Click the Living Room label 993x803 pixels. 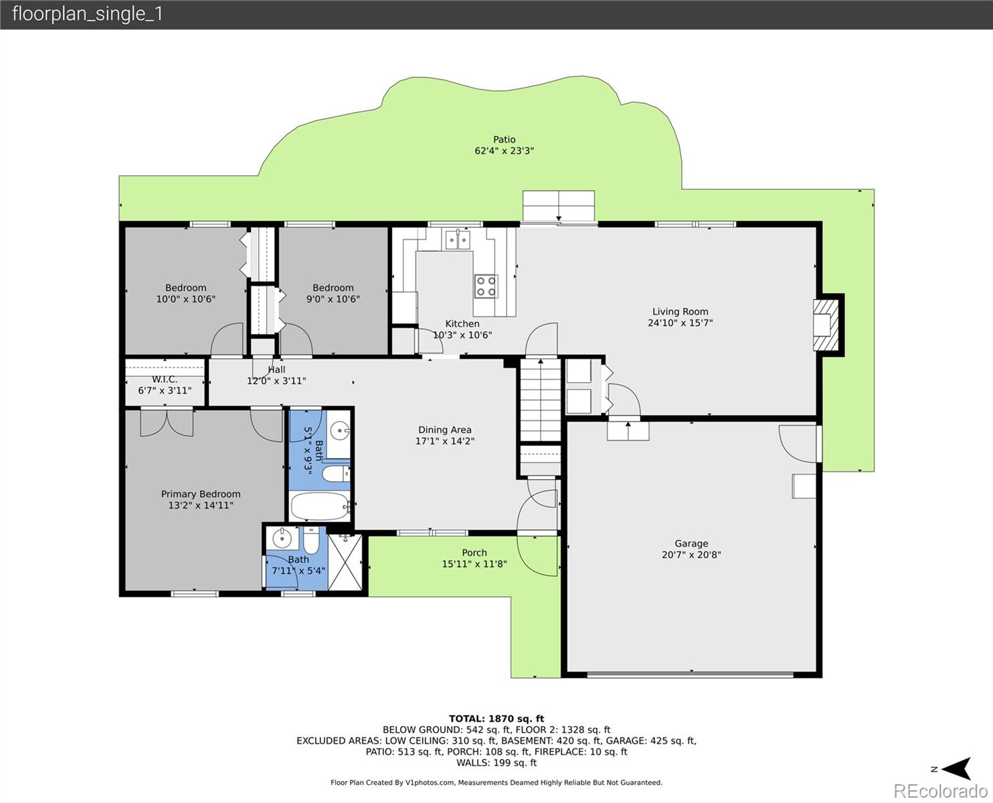(x=680, y=311)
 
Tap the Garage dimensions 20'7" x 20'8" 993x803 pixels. (x=691, y=555)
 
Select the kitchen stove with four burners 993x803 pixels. (x=486, y=286)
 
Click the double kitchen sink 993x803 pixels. (x=458, y=239)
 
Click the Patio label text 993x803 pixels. (x=505, y=139)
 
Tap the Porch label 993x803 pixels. (x=474, y=553)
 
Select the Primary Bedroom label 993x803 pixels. (x=201, y=494)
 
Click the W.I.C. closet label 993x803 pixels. (x=165, y=379)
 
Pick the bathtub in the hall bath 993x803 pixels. (x=320, y=507)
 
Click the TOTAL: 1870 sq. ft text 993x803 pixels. (x=496, y=719)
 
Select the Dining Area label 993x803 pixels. (x=445, y=430)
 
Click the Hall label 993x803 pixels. (x=276, y=369)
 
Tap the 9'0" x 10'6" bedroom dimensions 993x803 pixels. (x=333, y=299)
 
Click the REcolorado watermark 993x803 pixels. (x=942, y=791)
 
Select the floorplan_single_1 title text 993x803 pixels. (x=87, y=14)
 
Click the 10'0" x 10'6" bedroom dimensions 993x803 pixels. (x=186, y=299)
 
